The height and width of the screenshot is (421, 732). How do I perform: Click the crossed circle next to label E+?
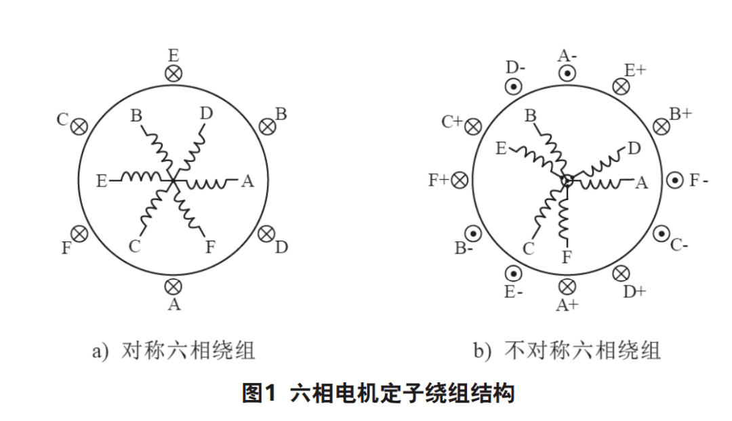[x=621, y=86]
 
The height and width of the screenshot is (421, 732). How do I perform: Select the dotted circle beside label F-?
[x=675, y=180]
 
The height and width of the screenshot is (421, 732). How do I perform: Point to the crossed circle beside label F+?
[x=460, y=180]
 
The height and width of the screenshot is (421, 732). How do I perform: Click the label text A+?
[x=567, y=305]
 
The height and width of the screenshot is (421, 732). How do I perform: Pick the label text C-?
[x=679, y=245]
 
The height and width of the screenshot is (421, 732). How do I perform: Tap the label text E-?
[x=513, y=293]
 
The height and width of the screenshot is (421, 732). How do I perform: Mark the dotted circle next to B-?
[x=474, y=233]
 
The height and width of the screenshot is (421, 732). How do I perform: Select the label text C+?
[x=452, y=122]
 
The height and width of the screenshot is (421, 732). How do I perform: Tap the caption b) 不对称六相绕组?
[x=567, y=350]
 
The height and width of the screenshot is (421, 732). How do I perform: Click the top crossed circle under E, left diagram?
[x=174, y=73]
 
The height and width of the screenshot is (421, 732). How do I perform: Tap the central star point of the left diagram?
[x=174, y=180]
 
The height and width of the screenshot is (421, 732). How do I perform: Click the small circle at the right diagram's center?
[x=567, y=180]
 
